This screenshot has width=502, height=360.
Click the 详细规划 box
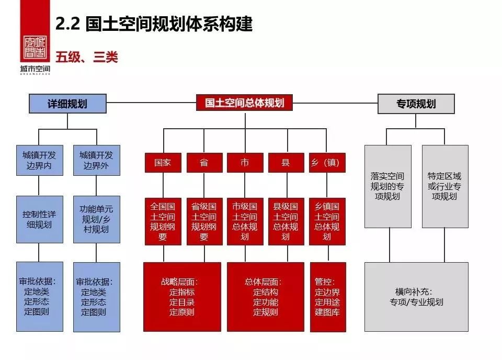pos(67,103)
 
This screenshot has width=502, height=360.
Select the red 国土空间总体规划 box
pos(244,103)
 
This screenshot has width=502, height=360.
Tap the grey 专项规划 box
pos(416,104)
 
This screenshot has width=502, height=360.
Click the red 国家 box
pos(163,163)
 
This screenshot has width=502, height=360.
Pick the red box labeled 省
pos(204,163)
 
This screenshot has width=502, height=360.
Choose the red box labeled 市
pos(245,163)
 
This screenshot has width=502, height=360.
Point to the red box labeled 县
pos(286,163)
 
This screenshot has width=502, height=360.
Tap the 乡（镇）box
pos(327,163)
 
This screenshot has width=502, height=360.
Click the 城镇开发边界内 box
pos(39,160)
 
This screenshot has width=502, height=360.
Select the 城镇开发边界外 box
pos(96,160)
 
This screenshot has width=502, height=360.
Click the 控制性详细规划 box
pos(39,219)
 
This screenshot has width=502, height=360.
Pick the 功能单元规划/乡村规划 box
pos(96,219)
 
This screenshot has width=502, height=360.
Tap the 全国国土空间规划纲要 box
pos(163,221)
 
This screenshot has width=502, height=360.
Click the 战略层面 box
pos(182,297)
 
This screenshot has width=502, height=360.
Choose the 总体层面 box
pos(265,297)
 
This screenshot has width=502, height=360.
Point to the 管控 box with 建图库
pos(327,297)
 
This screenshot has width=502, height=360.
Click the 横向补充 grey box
pos(416,297)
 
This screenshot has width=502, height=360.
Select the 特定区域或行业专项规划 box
pos(444,186)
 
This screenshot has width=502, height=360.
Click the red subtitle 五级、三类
pos(87,57)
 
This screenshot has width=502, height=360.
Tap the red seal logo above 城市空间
pos(35,49)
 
